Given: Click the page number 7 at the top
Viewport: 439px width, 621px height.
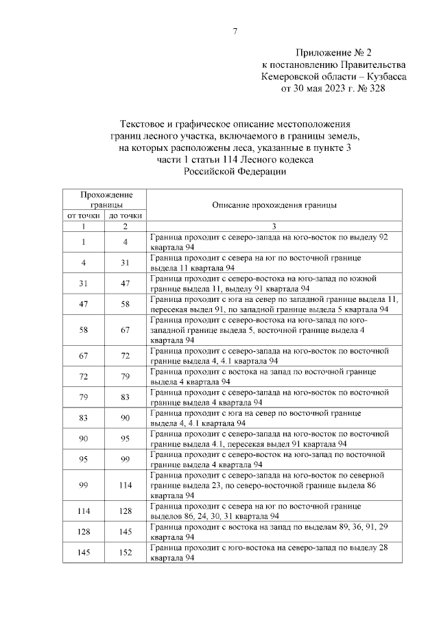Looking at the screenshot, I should point(235,31).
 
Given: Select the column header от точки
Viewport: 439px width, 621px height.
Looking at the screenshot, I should point(82,215).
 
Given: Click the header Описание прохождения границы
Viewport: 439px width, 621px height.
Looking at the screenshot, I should point(274,204).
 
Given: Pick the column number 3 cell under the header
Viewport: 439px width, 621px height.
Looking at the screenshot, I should point(274,226).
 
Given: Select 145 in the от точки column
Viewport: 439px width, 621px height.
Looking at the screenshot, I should point(82,554).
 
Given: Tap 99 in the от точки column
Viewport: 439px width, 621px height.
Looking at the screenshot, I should point(82,485).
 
